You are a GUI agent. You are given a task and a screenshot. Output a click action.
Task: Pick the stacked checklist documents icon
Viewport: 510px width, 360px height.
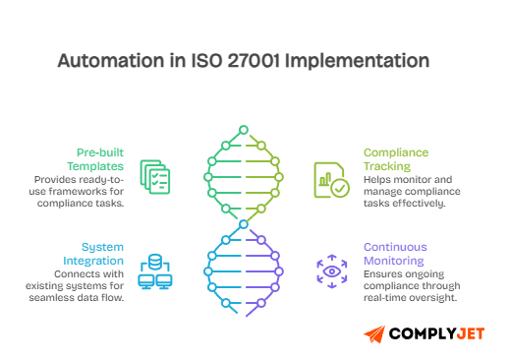pos(154,176)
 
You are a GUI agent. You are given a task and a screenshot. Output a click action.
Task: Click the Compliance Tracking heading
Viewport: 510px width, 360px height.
pos(401,158)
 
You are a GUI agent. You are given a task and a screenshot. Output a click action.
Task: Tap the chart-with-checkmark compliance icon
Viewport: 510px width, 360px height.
pos(330,180)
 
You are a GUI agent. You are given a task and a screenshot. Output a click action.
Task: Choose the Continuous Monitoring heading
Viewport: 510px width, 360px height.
pos(401,254)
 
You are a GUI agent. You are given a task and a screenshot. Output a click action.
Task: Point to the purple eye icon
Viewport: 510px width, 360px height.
pos(331,270)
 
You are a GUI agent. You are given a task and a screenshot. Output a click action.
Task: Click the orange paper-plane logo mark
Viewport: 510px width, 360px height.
pos(374,333)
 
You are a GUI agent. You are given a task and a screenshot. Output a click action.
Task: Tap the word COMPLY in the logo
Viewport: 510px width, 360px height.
pos(419,334)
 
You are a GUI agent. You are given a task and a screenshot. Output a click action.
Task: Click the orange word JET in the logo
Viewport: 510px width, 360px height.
pos(469,334)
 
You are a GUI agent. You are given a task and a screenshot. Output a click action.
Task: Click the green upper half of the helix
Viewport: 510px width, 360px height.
pos(243,177)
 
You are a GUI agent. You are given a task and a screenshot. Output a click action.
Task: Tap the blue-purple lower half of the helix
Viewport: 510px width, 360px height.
pos(243,270)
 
